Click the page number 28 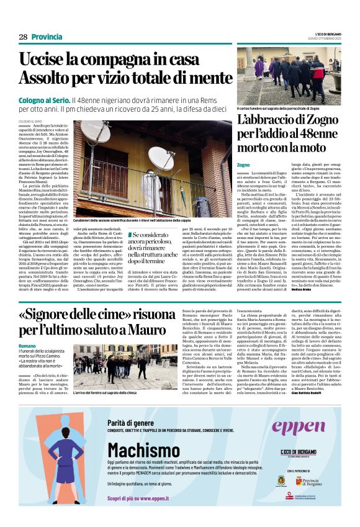23,37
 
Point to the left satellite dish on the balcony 94,131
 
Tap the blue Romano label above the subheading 27,346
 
